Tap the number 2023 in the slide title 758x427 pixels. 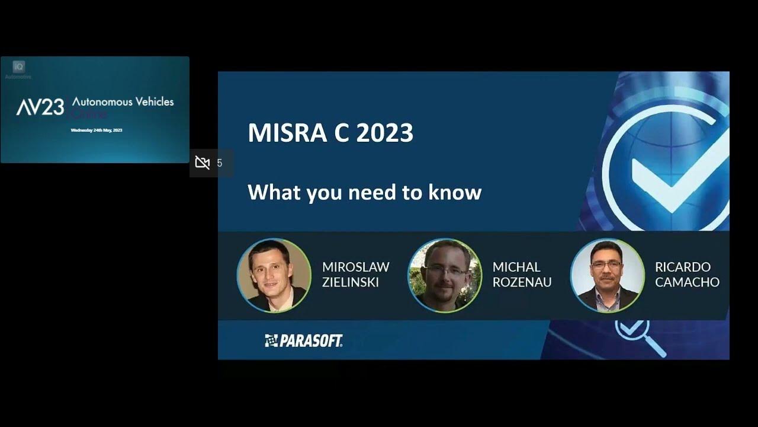[385, 133]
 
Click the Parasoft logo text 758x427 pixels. [304, 340]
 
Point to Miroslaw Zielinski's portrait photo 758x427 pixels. [274, 275]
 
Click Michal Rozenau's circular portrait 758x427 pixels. [445, 275]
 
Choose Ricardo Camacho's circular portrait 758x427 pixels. [607, 275]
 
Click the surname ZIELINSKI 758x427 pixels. [350, 282]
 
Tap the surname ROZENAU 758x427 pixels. [522, 282]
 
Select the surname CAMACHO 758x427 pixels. [687, 282]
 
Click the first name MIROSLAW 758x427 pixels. [356, 267]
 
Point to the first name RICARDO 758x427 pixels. [683, 267]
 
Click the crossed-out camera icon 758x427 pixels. [203, 163]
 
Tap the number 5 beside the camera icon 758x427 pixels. [220, 163]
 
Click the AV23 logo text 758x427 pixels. [40, 107]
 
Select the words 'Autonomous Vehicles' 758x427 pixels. [123, 101]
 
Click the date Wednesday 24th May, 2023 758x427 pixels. [97, 130]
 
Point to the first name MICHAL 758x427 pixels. [516, 267]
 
